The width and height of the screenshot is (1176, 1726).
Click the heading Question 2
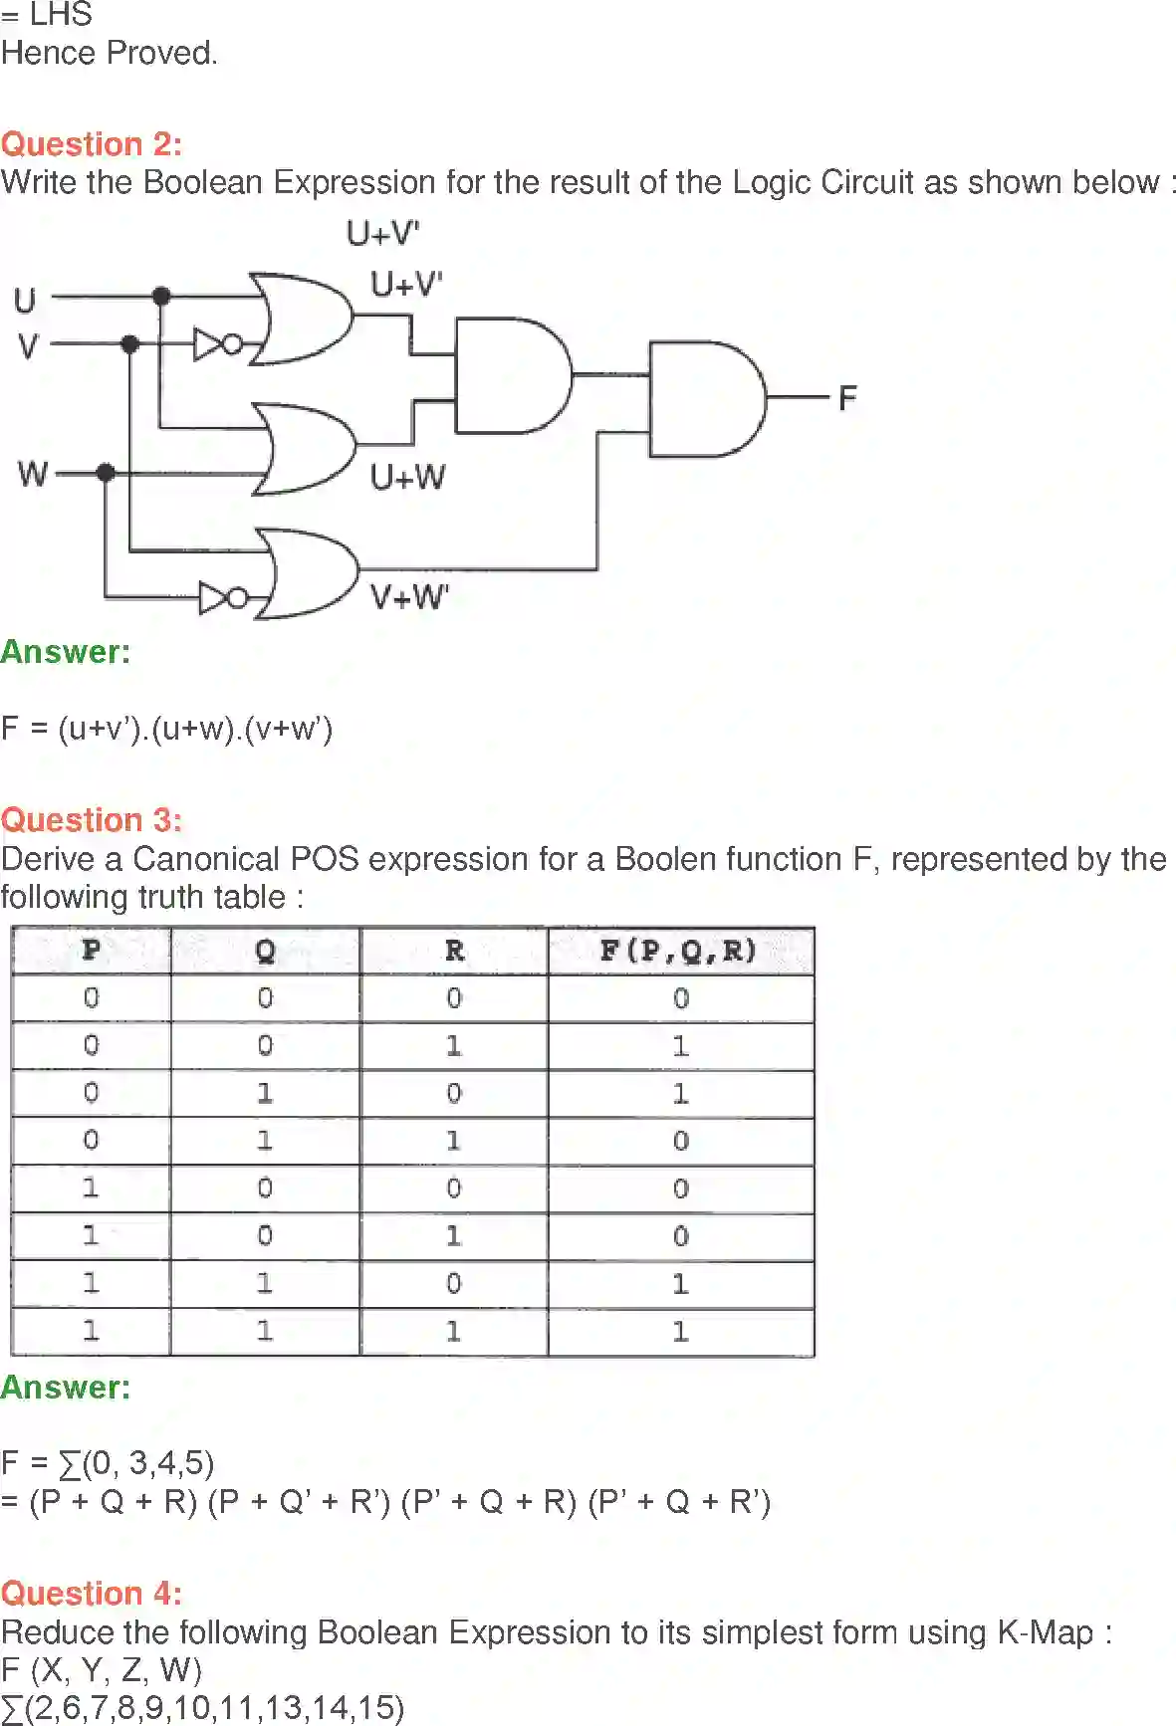(92, 144)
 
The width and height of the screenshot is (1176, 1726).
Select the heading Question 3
(92, 820)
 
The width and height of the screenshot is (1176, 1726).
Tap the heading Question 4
(92, 1594)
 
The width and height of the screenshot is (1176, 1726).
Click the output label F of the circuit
(847, 399)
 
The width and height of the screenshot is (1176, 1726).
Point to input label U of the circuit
(25, 300)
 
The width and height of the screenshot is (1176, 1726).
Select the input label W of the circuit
(32, 473)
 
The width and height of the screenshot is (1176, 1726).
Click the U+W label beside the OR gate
(408, 477)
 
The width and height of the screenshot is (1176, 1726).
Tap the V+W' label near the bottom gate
(409, 597)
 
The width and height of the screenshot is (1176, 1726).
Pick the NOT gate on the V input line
(216, 344)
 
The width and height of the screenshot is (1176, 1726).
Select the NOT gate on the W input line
(222, 598)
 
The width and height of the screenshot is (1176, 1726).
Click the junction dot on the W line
(106, 472)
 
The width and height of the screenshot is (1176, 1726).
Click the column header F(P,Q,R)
(679, 951)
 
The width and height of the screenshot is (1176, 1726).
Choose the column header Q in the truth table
(265, 951)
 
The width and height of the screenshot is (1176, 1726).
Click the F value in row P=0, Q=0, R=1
(680, 1046)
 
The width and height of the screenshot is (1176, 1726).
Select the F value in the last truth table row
(680, 1332)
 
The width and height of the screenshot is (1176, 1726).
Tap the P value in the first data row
(91, 998)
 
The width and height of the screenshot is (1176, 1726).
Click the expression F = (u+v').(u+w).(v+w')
(166, 729)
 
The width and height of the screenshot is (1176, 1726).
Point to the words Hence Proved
(109, 53)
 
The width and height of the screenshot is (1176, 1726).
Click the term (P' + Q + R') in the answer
(680, 1501)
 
